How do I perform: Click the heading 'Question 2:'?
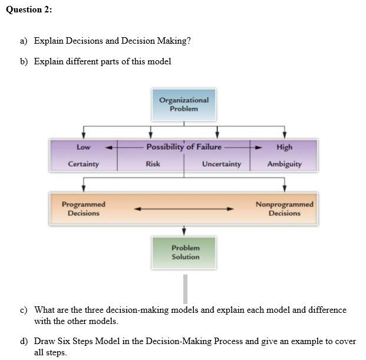click(29, 10)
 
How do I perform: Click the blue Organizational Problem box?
click(183, 104)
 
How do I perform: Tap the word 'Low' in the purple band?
click(83, 147)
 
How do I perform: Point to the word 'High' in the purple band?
click(284, 147)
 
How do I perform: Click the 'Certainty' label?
click(83, 164)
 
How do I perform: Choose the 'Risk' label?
click(153, 164)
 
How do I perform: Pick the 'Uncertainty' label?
click(222, 164)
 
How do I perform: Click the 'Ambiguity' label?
click(284, 164)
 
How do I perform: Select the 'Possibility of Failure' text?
click(184, 147)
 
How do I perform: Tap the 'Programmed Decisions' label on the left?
click(83, 208)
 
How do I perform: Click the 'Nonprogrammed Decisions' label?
click(284, 208)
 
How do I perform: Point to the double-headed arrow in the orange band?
click(184, 208)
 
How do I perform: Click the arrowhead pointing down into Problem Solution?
click(184, 231)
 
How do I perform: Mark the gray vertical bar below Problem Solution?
click(185, 289)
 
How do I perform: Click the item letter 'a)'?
click(24, 41)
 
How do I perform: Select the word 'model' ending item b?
click(159, 61)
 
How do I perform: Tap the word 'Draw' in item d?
click(45, 341)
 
